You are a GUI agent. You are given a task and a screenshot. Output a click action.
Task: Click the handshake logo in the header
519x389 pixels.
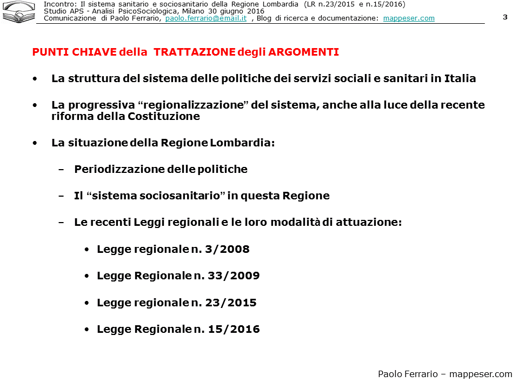(18, 12)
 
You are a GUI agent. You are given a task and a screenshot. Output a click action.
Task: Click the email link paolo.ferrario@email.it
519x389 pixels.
(206, 18)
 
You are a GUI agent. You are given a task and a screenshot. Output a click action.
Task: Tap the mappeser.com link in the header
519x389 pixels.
(409, 18)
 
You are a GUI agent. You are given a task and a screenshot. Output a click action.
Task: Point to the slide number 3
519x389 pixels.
(505, 17)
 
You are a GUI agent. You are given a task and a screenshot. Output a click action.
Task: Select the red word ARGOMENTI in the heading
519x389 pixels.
(303, 52)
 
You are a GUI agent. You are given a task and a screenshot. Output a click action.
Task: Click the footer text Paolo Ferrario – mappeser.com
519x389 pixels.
(444, 374)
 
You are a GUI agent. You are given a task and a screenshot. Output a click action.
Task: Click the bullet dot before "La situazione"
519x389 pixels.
(35, 143)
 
